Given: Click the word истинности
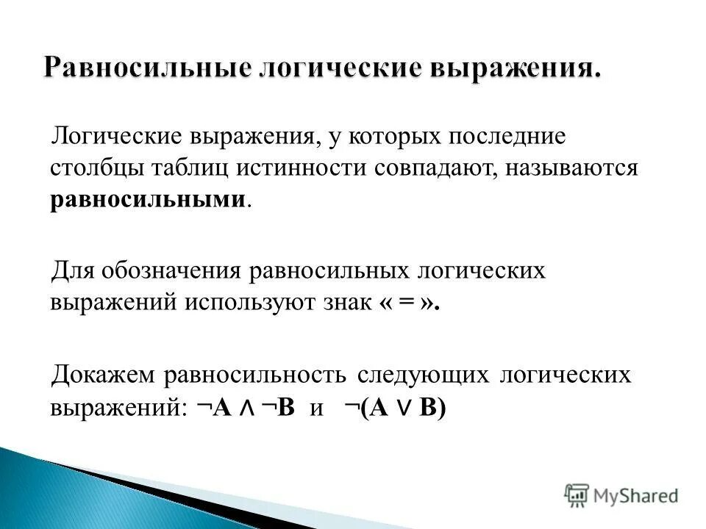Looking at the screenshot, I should click(x=302, y=168).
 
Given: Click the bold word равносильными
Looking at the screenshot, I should click(x=147, y=200).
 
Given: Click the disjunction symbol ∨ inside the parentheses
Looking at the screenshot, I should click(x=402, y=409).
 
